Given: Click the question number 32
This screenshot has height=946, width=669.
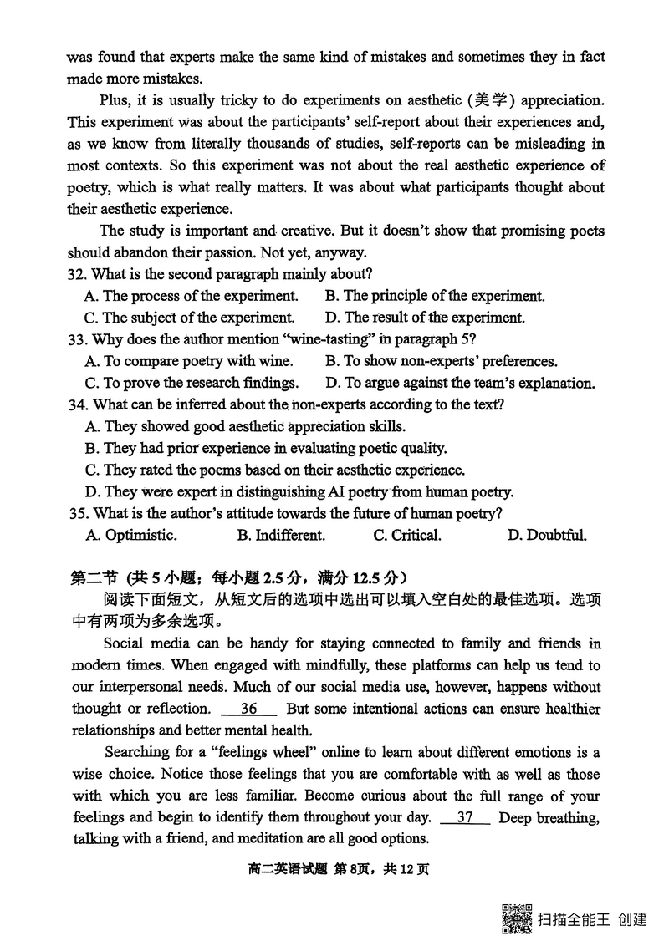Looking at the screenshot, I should (x=78, y=274).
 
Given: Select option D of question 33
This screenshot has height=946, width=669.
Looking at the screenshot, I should (x=460, y=384).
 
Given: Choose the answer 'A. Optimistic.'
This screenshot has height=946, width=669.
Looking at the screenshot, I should (x=131, y=536).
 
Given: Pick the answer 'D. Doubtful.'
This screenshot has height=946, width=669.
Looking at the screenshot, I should (x=547, y=536).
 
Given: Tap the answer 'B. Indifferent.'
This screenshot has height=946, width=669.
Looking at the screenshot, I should (x=281, y=536).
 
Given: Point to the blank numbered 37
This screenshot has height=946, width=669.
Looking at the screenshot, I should (x=468, y=818).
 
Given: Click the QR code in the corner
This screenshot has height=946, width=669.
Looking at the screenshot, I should (x=516, y=918).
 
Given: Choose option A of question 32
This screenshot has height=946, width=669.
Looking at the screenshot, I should (x=192, y=296).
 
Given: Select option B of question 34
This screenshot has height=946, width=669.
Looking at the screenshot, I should (x=266, y=449).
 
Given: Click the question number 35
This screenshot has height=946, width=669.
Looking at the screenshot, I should (x=78, y=514).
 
